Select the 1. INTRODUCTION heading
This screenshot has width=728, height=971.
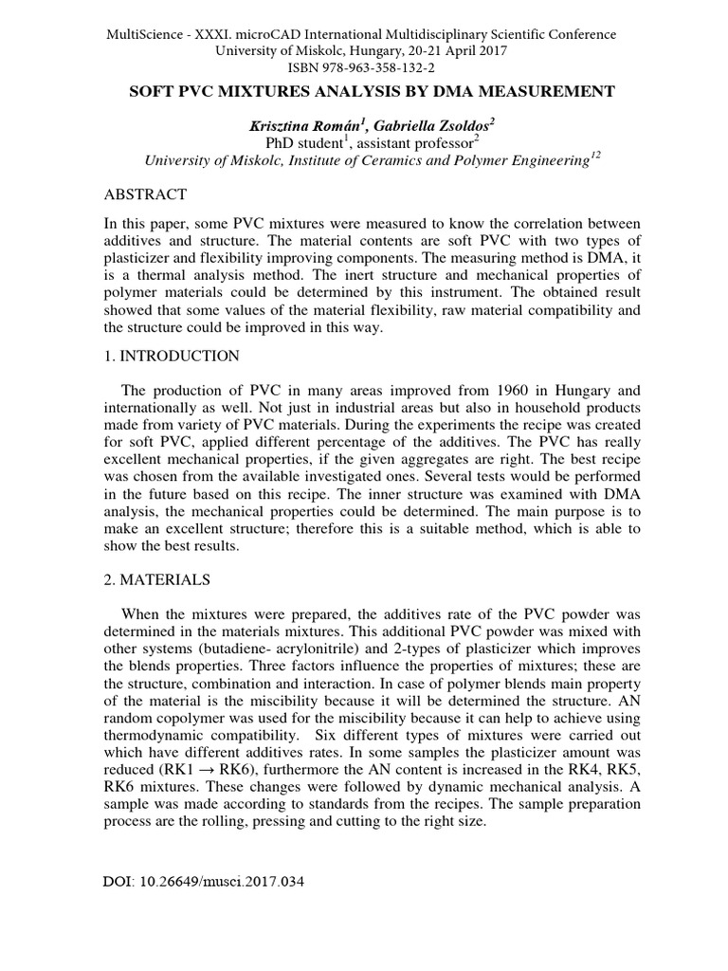(x=171, y=356)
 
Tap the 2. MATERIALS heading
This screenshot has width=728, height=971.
(x=157, y=578)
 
